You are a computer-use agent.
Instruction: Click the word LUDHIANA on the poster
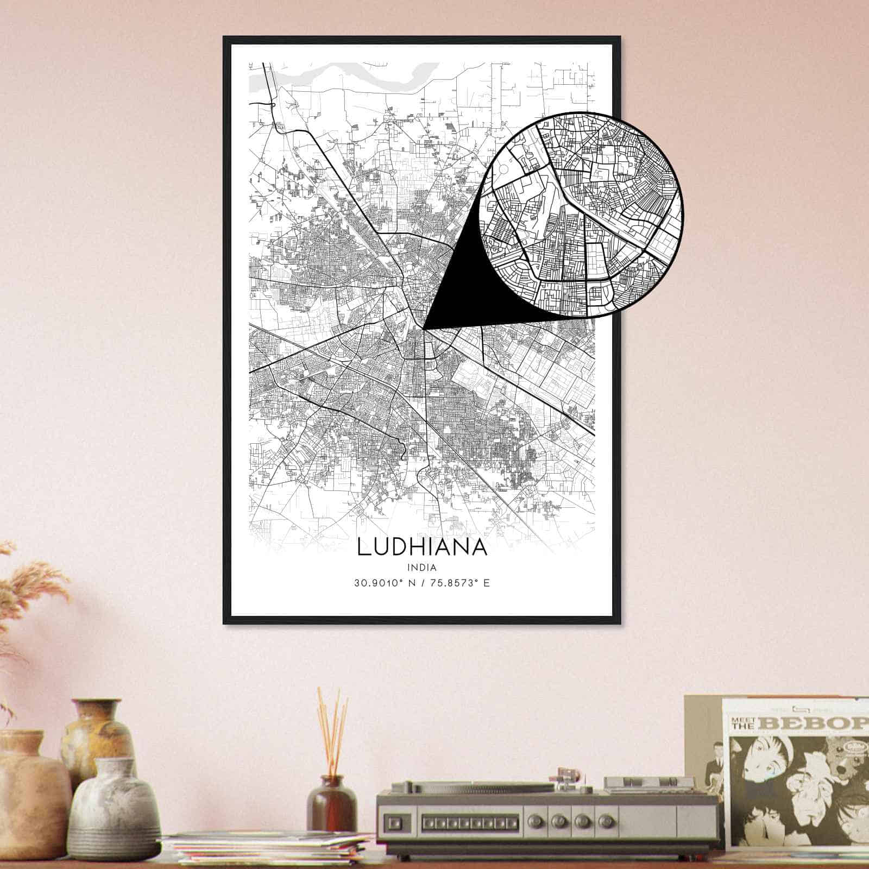click(422, 547)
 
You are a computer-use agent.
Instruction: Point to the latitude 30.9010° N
click(383, 584)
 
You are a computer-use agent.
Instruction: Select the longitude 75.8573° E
click(459, 584)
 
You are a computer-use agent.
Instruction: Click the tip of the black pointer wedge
click(424, 328)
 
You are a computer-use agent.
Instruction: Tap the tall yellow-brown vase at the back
click(98, 733)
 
